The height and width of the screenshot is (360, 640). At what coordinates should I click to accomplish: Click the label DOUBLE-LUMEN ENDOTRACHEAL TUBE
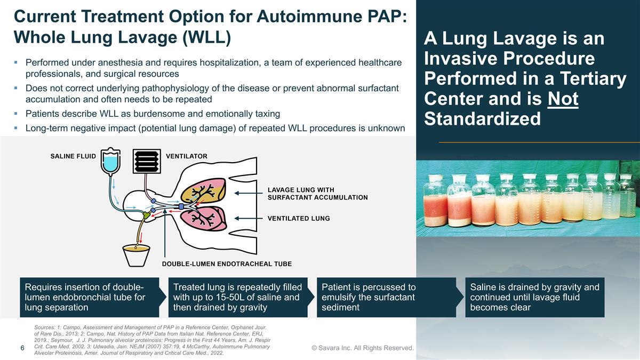coord(227,263)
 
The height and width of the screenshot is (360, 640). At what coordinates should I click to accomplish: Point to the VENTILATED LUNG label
coord(299,218)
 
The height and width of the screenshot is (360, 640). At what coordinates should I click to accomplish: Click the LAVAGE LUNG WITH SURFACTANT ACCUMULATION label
coord(317,194)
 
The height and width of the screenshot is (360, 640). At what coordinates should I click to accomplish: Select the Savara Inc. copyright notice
coord(363,348)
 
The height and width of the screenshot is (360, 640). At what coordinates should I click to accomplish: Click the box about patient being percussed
coord(386,297)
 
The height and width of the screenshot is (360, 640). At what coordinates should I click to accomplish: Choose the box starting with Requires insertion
coord(89,297)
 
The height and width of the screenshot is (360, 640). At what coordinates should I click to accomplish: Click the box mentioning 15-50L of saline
coord(238,297)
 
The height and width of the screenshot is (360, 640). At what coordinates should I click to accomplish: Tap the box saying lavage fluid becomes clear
coord(534,297)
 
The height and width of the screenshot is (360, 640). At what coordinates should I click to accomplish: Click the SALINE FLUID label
coord(73,156)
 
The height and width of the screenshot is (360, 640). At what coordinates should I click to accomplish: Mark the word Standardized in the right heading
coord(482,118)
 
